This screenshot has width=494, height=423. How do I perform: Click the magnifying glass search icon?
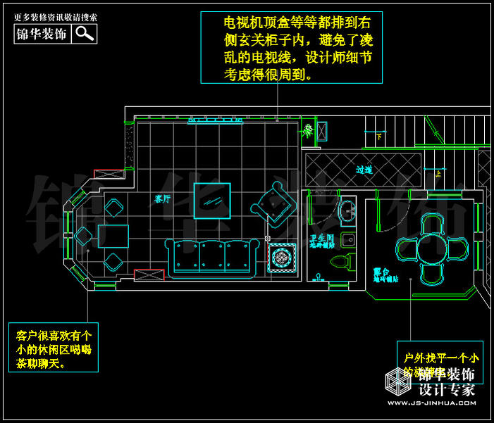click(85, 33)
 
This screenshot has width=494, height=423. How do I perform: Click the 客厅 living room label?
click(163, 199)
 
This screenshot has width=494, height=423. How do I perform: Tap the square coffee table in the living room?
click(212, 201)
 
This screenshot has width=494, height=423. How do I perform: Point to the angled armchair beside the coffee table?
click(274, 203)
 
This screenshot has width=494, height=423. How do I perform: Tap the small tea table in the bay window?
click(113, 236)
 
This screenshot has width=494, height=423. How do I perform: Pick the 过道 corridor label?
click(364, 170)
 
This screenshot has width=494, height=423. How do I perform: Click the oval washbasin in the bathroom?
click(347, 209)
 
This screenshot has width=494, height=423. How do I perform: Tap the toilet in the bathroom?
click(341, 262)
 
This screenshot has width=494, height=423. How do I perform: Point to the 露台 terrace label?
click(382, 271)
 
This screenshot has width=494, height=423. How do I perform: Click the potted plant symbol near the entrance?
click(309, 130)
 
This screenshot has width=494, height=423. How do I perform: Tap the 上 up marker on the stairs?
click(438, 172)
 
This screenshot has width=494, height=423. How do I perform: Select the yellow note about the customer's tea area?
click(54, 346)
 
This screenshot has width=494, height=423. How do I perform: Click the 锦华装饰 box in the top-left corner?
click(42, 33)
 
